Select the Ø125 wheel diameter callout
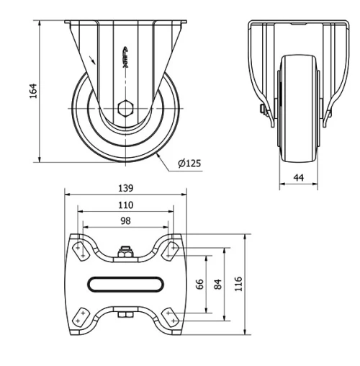(x=189, y=164)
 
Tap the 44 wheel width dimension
(x=298, y=177)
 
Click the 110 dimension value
(x=126, y=205)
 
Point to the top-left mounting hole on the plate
(x=80, y=249)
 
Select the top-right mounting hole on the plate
(x=171, y=249)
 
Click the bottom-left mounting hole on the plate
(x=80, y=316)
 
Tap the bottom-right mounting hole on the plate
(x=171, y=316)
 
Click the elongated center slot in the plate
(x=126, y=283)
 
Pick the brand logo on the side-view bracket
(x=126, y=55)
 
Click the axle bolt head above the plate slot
(x=126, y=251)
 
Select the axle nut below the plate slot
(x=126, y=314)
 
